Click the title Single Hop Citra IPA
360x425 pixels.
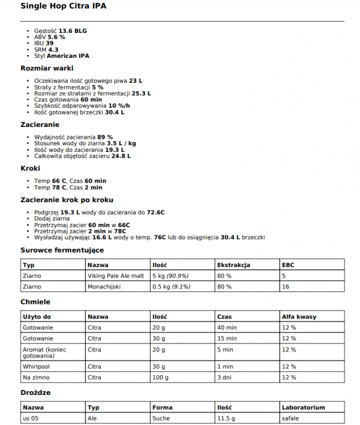(x=63, y=7)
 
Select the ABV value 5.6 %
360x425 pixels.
(x=56, y=36)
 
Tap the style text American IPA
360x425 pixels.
(x=68, y=56)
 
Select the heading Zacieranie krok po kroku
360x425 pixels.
(x=67, y=200)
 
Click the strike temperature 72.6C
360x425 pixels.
(x=156, y=212)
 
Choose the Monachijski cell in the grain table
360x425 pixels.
(x=104, y=287)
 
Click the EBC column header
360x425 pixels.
(x=288, y=265)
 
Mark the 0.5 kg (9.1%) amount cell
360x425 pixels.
(x=172, y=287)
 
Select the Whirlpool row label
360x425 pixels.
(x=36, y=366)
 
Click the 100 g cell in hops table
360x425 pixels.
(x=161, y=377)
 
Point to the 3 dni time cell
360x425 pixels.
(x=225, y=377)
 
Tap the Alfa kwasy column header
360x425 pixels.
(x=299, y=317)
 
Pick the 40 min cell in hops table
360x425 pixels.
(x=227, y=328)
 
